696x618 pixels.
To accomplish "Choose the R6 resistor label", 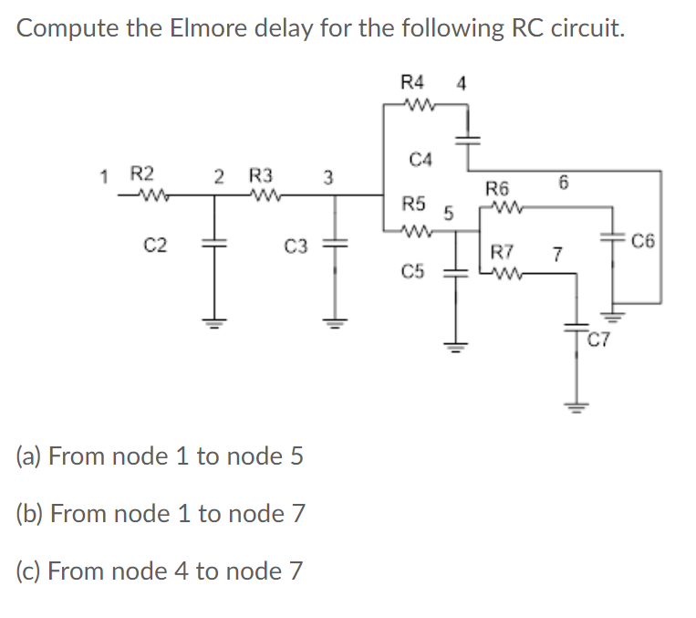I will (498, 190).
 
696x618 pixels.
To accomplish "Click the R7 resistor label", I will (503, 252).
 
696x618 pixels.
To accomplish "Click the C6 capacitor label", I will (643, 241).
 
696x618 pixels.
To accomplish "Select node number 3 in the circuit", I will (329, 175).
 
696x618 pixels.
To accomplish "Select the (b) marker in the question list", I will (30, 513).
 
